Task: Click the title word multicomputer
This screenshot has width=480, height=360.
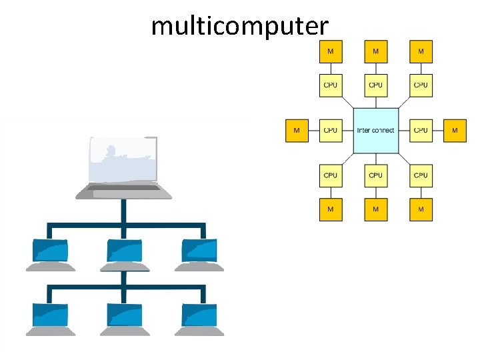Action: pos(239,26)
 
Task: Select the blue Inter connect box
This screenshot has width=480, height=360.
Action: pos(375,130)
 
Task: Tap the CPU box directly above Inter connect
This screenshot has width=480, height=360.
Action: pos(375,85)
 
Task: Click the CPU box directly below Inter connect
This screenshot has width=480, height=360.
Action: pos(375,175)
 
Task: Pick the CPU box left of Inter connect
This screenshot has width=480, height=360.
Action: pos(330,130)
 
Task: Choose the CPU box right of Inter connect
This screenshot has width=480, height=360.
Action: pos(421,130)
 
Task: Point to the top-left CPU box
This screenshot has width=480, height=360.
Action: pos(330,85)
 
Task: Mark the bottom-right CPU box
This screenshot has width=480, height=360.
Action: pos(421,175)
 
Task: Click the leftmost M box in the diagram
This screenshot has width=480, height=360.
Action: pos(297,130)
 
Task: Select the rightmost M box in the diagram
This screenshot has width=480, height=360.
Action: pos(455,130)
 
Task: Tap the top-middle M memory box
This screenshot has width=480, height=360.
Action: pos(375,51)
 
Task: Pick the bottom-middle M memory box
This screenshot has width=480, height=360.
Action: pos(375,209)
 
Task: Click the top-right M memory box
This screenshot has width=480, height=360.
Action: pos(421,51)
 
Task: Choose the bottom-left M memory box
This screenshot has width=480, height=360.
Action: pos(330,209)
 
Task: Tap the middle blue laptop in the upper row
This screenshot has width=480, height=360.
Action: pos(124,251)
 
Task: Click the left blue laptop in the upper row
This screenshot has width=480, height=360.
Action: pos(50,251)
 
